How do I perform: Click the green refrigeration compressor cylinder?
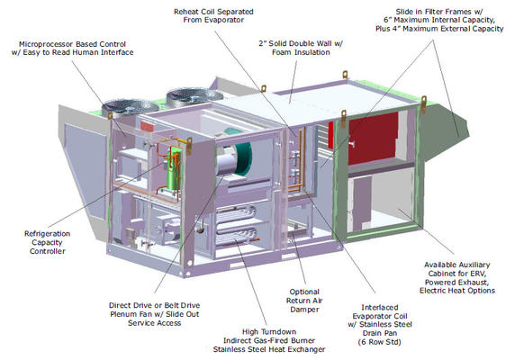pos(173,168)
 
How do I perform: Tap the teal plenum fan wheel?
pos(241,154)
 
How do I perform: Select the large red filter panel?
pos(373,139)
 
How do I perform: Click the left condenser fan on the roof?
pos(130,107)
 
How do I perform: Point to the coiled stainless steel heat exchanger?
pos(236,226)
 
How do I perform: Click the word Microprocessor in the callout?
pos(42,44)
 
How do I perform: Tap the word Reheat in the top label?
pos(185,12)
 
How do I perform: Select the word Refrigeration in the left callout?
pos(48,234)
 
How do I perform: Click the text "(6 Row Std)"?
pos(380,342)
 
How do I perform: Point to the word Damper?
pos(304,310)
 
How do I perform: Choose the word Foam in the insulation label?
pos(282,52)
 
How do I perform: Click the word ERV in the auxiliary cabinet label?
pos(478,274)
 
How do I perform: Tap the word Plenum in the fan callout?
pos(122,314)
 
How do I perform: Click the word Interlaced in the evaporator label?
pos(380,308)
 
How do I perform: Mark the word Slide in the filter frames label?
pos(404,12)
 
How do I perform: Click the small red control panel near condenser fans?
pos(147,126)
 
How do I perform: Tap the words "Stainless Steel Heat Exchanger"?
pos(269,349)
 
